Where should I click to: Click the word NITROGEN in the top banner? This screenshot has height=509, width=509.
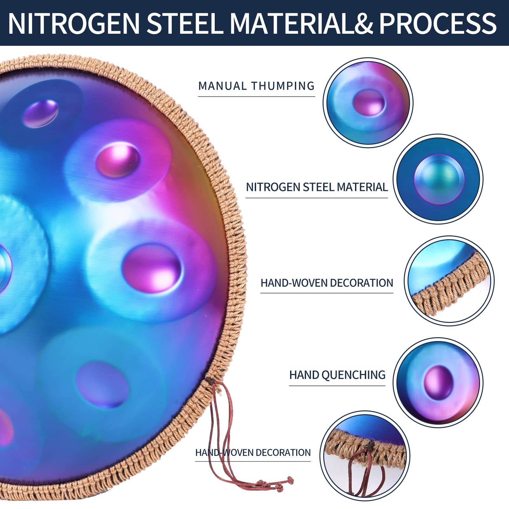click(74, 23)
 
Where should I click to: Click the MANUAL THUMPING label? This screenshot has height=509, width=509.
click(256, 86)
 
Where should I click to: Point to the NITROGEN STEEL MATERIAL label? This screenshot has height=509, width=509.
click(317, 187)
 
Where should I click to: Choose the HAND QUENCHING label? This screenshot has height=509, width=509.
click(337, 375)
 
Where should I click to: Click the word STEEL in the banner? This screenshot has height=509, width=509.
click(185, 23)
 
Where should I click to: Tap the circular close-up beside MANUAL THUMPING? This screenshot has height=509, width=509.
click(368, 102)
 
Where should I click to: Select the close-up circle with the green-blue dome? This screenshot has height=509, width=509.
click(438, 179)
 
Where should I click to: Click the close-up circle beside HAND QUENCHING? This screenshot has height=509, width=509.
click(438, 382)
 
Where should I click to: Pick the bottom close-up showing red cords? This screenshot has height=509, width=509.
click(365, 456)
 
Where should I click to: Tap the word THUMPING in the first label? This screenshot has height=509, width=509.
click(283, 86)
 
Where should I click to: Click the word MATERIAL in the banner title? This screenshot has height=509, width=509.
click(291, 23)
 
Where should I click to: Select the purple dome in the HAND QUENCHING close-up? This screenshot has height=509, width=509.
click(438, 381)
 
